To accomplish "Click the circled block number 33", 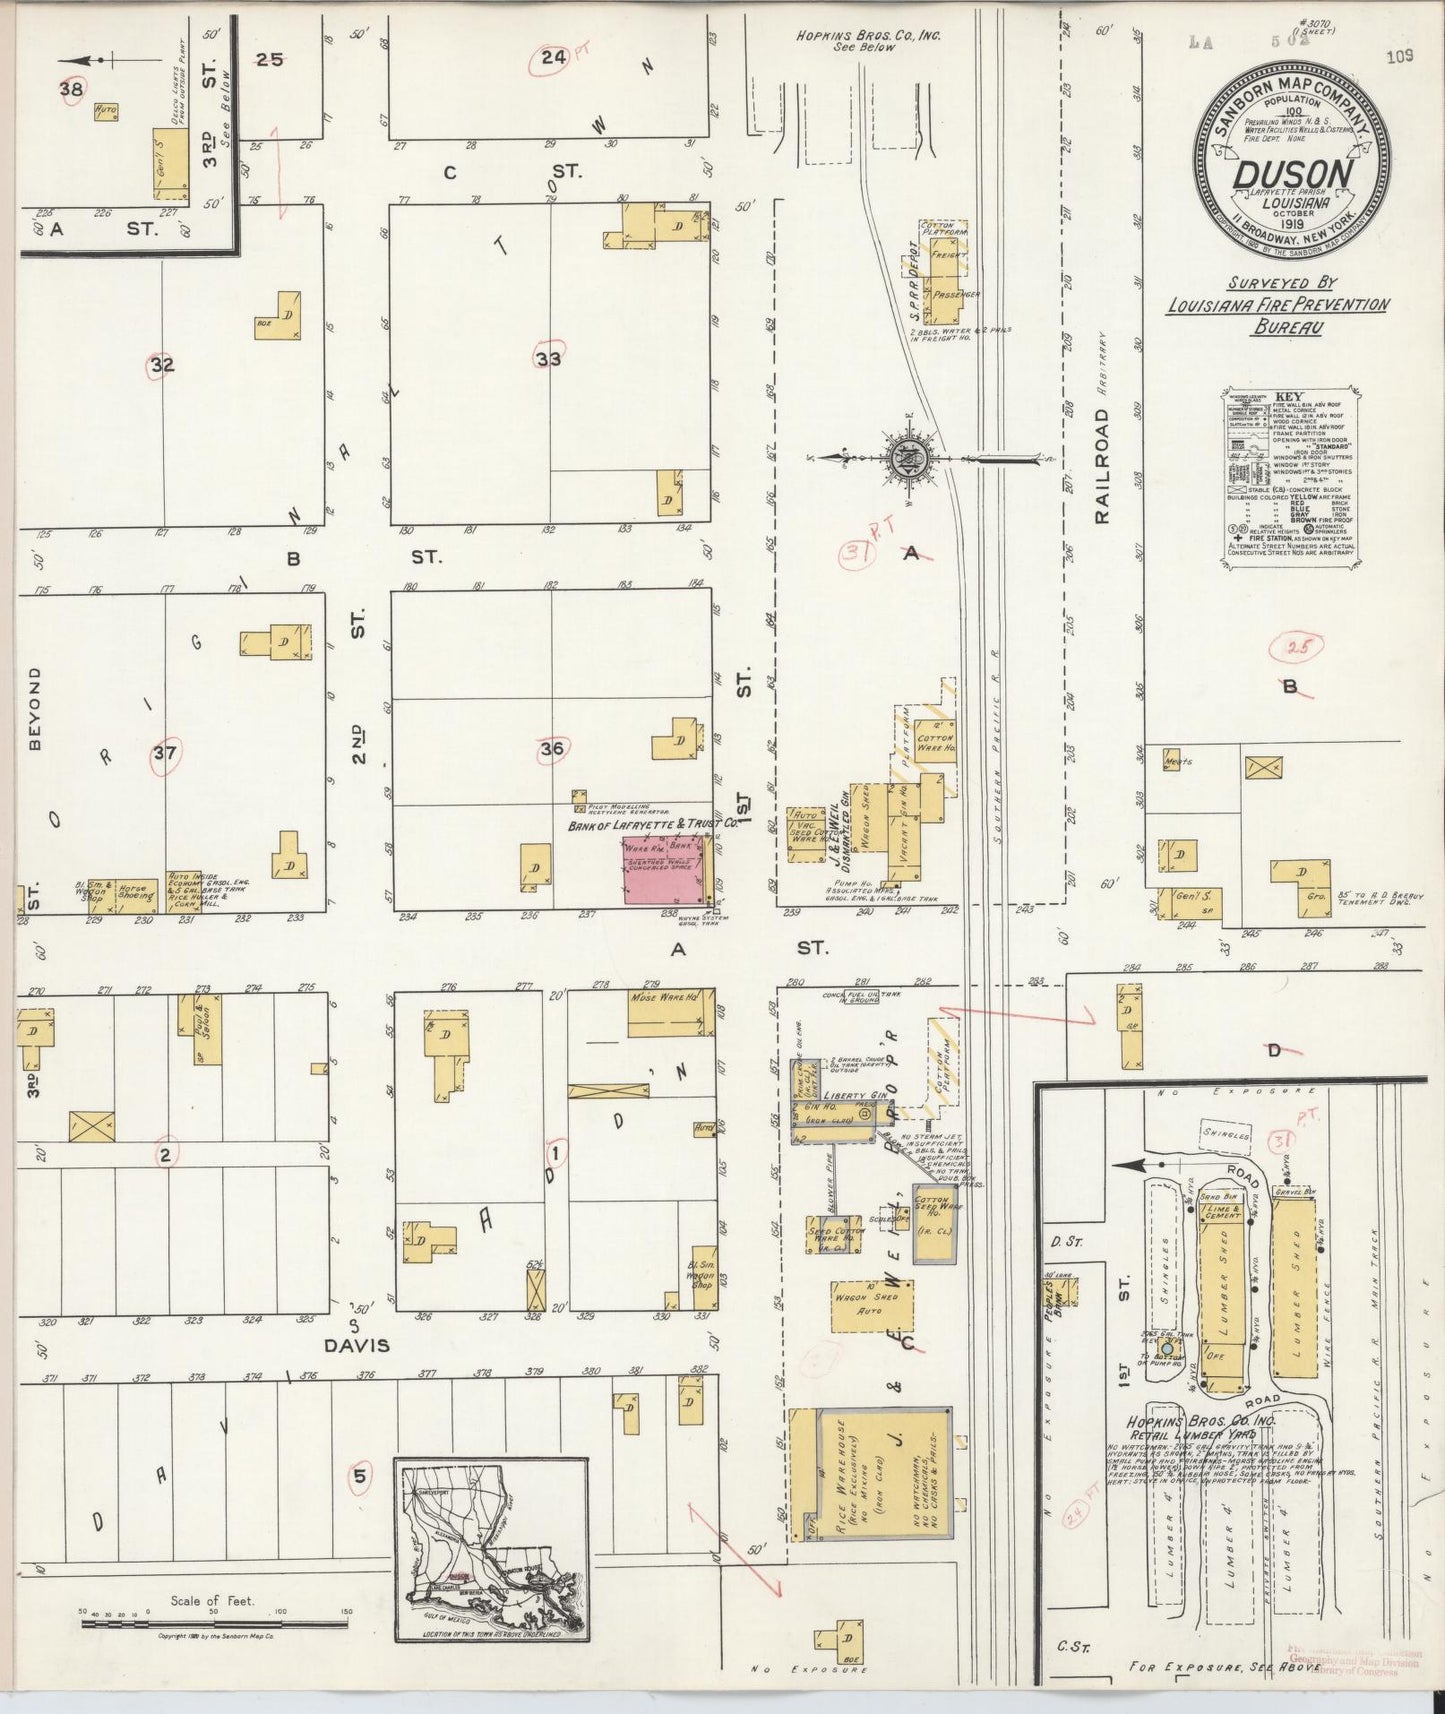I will click(548, 357).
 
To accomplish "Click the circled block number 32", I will click(161, 366).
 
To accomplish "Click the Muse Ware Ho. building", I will click(670, 1014).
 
